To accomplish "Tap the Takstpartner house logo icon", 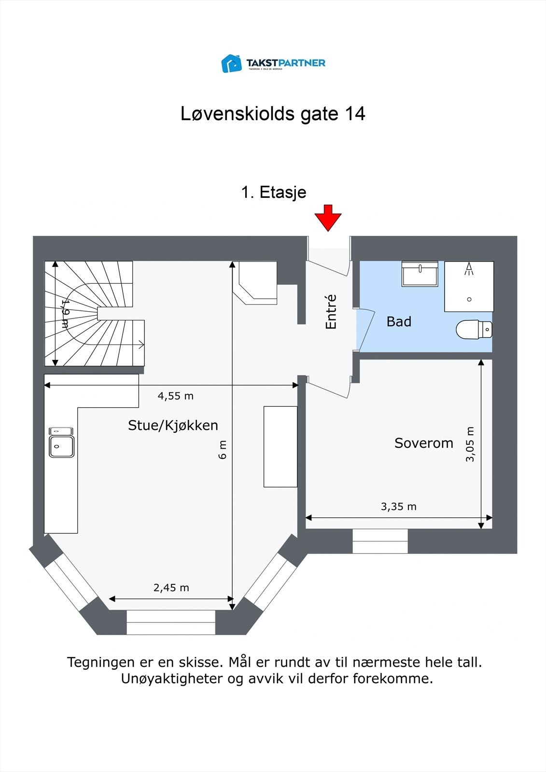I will (231, 63).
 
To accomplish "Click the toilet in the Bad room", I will (474, 330).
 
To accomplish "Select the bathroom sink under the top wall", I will (420, 275).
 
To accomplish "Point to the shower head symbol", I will (469, 269).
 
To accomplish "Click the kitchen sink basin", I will (61, 446).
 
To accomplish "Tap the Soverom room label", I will (423, 443).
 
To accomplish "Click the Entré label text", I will (331, 312).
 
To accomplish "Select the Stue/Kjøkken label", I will (173, 426).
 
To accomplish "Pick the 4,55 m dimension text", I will (175, 396).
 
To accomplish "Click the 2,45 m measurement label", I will (171, 588).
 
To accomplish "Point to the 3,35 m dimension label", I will (398, 507).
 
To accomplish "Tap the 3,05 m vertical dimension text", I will (470, 444).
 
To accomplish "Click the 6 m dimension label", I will (223, 450).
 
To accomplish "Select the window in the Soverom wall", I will (380, 541).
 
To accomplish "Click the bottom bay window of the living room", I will (170, 622).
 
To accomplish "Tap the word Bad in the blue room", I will (399, 322).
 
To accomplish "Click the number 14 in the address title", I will (354, 114).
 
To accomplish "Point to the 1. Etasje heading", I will (273, 192).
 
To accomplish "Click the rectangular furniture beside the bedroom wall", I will (280, 446).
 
